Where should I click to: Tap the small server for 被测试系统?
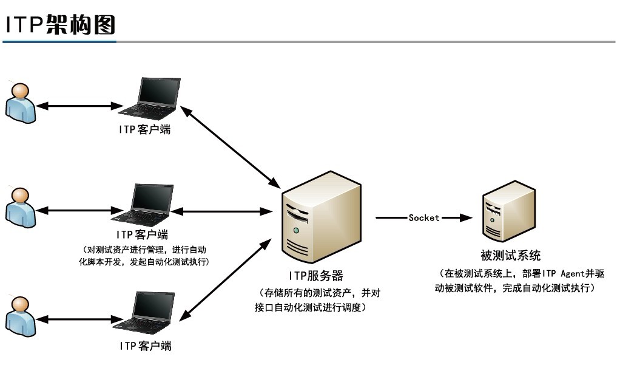pyautogui.click(x=509, y=211)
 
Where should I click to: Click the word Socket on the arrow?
pyautogui.click(x=423, y=217)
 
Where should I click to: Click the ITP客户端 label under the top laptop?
pyautogui.click(x=144, y=129)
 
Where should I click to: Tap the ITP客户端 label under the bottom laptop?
pyautogui.click(x=145, y=346)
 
